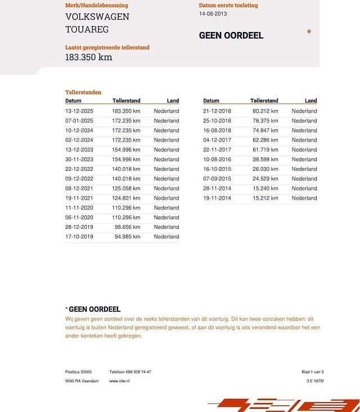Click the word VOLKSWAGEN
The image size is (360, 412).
pos(97,16)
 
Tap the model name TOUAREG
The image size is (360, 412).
pos(87,29)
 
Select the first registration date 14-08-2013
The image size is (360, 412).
pos(213,14)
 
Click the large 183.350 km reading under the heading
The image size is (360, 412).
pos(89,57)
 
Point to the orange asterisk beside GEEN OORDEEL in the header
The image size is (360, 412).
pos(309,33)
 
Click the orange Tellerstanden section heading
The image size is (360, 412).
pos(83,92)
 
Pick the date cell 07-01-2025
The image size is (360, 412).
pos(79,121)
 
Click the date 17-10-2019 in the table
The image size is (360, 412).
pos(79,237)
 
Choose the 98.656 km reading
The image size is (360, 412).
pos(127,227)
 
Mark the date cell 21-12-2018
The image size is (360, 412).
pos(217,111)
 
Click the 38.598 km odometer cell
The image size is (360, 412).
pos(265,159)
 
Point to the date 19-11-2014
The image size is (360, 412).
pos(217,198)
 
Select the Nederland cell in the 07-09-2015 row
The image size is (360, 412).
pos(304,179)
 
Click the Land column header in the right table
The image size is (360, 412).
pos(311,101)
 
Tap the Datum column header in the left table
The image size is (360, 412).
pos(73,101)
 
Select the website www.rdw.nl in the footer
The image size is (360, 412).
pos(119,381)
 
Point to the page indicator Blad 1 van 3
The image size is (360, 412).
pos(313,372)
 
